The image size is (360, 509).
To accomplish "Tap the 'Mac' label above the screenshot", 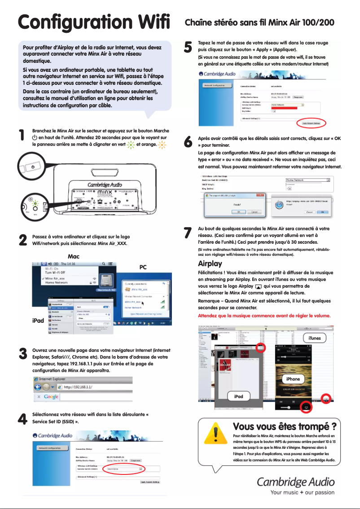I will [73, 256].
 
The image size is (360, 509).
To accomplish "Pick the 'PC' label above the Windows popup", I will [143, 267].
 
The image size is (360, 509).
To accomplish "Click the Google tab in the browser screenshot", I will [51, 397].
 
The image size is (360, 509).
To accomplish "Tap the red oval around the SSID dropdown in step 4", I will [125, 468].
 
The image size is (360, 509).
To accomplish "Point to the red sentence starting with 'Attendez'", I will [264, 316].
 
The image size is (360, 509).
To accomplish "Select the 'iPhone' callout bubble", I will [293, 379].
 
